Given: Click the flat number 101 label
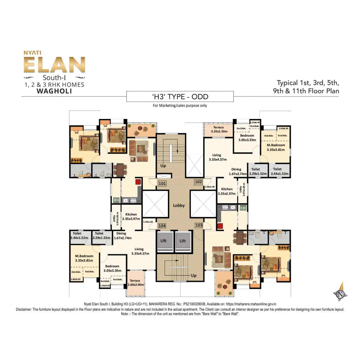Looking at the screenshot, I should pyautogui.click(x=162, y=183).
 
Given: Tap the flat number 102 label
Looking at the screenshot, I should pyautogui.click(x=198, y=182).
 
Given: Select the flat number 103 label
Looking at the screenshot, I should pyautogui.click(x=199, y=225).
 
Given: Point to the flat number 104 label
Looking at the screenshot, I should pyautogui.click(x=162, y=226).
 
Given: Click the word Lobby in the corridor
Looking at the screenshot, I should pyautogui.click(x=179, y=205).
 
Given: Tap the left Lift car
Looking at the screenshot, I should pyautogui.click(x=165, y=242).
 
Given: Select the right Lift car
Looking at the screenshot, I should pyautogui.click(x=183, y=242).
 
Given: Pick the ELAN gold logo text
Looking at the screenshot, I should pyautogui.click(x=54, y=65).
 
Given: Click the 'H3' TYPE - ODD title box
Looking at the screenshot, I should pyautogui.click(x=180, y=96).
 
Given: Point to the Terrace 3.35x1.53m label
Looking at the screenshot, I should pyautogui.click(x=219, y=129).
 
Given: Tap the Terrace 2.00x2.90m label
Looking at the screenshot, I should pyautogui.click(x=136, y=283).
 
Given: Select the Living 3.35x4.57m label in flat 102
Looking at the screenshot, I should pyautogui.click(x=217, y=157).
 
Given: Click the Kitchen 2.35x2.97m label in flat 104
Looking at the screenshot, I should pyautogui.click(x=131, y=216).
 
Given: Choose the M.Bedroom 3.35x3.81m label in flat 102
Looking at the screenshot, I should pyautogui.click(x=276, y=147).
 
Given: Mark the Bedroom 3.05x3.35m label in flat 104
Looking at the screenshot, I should pyautogui.click(x=112, y=268).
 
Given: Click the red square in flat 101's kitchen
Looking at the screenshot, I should pyautogui.click(x=138, y=182).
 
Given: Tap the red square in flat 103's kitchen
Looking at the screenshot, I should pyautogui.click(x=220, y=226).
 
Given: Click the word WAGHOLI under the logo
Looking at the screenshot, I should pyautogui.click(x=54, y=91).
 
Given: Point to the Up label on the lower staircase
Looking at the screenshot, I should pyautogui.click(x=193, y=275).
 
